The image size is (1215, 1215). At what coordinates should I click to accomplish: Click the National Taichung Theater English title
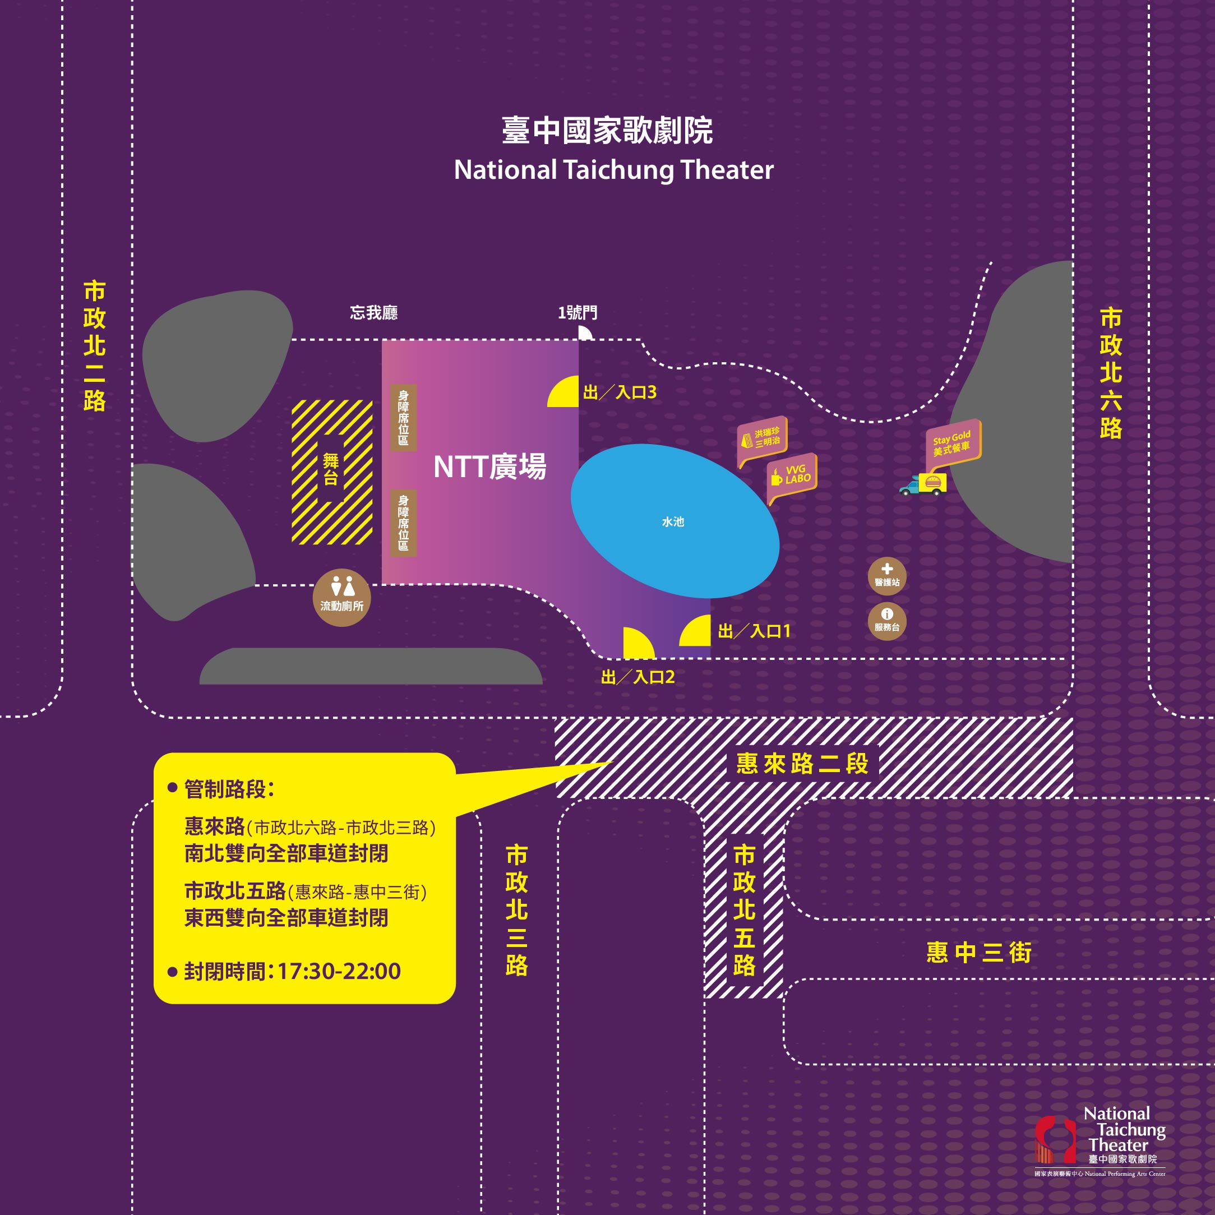613,170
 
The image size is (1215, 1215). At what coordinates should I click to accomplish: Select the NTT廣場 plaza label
489,466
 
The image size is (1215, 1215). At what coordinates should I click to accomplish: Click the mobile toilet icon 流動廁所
341,598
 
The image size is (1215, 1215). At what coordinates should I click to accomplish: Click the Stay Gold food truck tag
952,443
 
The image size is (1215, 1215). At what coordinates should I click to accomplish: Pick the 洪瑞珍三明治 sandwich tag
762,437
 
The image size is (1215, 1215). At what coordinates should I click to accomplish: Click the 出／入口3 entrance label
620,392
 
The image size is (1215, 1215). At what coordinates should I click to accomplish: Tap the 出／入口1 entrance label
754,631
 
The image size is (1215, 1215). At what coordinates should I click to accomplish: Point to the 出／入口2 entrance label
637,677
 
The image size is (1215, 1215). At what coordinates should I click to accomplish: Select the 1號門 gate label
578,312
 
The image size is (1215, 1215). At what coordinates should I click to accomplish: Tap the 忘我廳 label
373,312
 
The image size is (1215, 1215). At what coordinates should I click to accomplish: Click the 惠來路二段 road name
802,764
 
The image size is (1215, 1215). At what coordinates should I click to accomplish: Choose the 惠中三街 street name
978,953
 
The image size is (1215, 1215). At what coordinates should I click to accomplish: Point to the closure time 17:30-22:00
338,971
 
